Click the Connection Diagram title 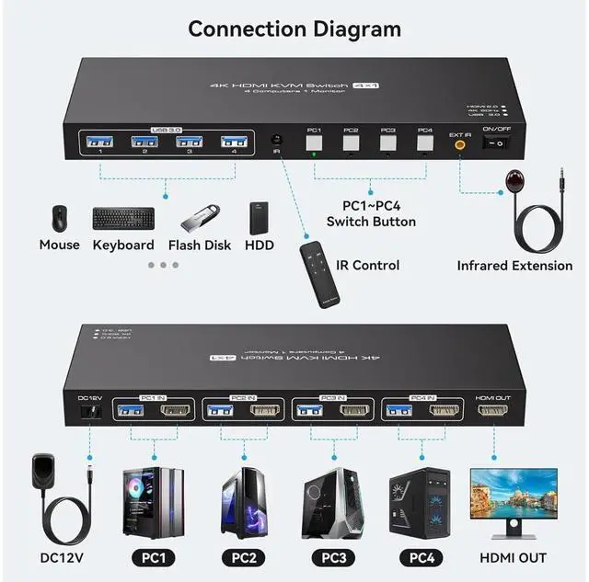[x=294, y=29]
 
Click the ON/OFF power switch [x=498, y=143]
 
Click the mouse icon [x=59, y=219]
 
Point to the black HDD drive [x=259, y=219]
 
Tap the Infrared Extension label [x=514, y=266]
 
